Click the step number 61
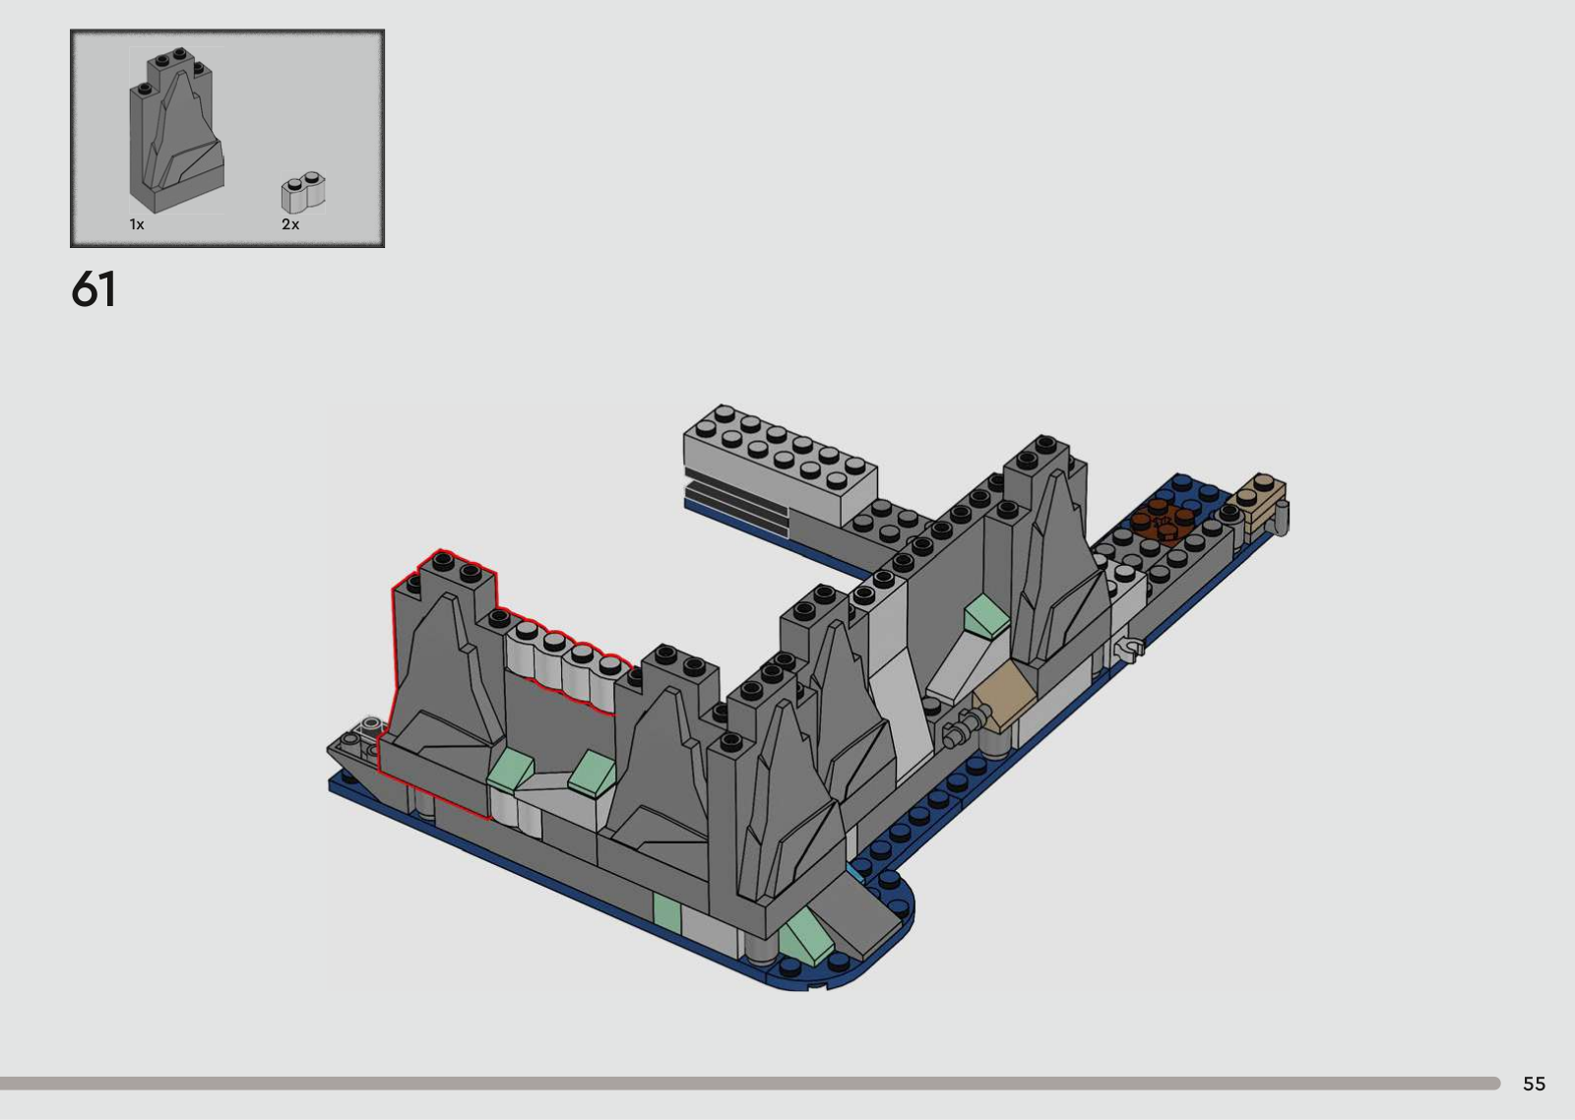pos(94,289)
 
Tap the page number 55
pos(1535,1084)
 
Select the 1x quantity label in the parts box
pos(137,224)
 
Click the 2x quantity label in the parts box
pos(290,224)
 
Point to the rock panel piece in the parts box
pos(177,130)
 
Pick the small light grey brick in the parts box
pos(303,192)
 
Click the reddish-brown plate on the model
pos(1163,522)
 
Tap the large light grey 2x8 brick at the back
pos(781,465)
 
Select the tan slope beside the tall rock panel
pos(1003,696)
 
